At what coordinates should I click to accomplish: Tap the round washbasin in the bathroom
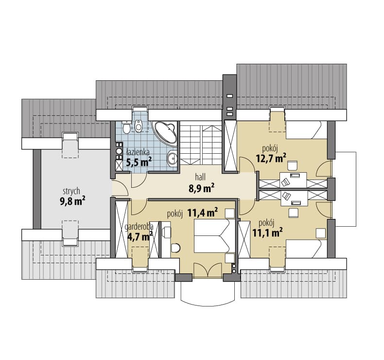pyautogui.click(x=173, y=158)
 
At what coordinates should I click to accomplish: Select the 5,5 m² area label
pyautogui.click(x=139, y=162)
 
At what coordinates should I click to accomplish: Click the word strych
pyautogui.click(x=71, y=191)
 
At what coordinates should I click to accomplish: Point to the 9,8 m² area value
pyautogui.click(x=72, y=201)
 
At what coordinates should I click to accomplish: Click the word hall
pyautogui.click(x=200, y=177)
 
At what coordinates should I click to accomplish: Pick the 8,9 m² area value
pyautogui.click(x=202, y=188)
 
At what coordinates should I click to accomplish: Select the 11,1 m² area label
pyautogui.click(x=267, y=233)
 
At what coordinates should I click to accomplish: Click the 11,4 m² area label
pyautogui.click(x=203, y=213)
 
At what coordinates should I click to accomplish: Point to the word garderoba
pyautogui.click(x=139, y=227)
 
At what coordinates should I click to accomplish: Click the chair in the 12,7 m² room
pyautogui.click(x=293, y=166)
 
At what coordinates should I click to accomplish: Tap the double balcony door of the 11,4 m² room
pyautogui.click(x=208, y=270)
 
